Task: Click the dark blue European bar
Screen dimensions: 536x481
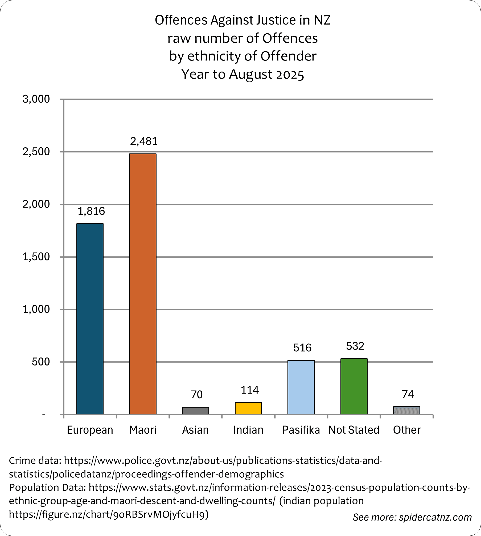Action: (90, 319)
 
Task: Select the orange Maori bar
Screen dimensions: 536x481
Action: (143, 284)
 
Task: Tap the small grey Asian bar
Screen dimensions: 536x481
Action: (195, 411)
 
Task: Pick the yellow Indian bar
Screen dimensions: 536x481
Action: (248, 408)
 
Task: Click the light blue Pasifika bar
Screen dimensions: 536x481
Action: (301, 387)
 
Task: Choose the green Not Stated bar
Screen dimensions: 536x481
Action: (354, 386)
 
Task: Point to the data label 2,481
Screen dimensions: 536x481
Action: (144, 141)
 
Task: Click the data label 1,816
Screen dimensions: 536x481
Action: (91, 211)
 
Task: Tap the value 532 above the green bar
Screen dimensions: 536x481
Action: (355, 346)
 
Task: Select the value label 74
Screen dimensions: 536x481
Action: (408, 394)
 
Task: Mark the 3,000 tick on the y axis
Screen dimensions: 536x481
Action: (36, 99)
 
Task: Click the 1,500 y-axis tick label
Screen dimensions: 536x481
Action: (36, 257)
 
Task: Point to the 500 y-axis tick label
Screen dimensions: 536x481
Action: (41, 362)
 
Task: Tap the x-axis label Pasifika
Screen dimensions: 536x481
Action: (301, 430)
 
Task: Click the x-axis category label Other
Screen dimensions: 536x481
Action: (406, 430)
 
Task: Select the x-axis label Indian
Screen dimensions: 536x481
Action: (248, 430)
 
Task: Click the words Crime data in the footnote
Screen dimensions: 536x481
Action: (35, 460)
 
